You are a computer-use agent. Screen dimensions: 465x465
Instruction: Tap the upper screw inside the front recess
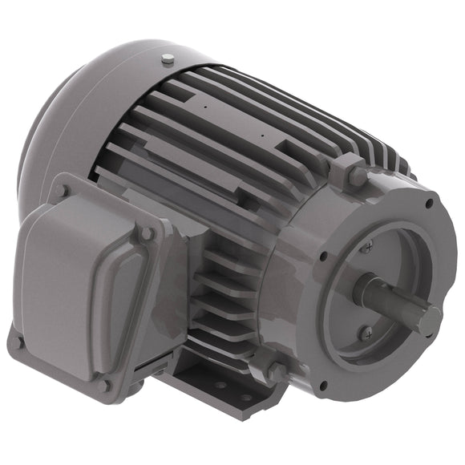pyautogui.click(x=366, y=249)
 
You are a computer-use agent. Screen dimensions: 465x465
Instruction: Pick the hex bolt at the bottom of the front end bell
pyautogui.click(x=276, y=370)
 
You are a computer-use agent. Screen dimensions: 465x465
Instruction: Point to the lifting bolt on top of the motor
pyautogui.click(x=167, y=59)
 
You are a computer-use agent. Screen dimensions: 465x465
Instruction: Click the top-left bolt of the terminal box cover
pyautogui.click(x=64, y=191)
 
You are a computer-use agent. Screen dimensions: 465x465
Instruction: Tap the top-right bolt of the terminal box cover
pyautogui.click(x=147, y=233)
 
